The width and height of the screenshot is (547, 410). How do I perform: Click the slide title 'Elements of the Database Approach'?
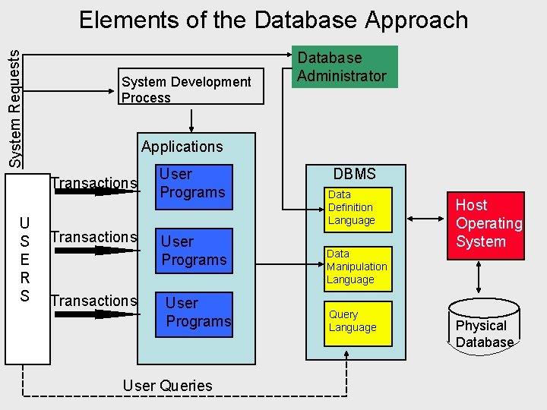point(273,20)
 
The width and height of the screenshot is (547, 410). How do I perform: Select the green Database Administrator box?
point(344,67)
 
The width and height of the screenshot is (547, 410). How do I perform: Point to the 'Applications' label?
point(182,147)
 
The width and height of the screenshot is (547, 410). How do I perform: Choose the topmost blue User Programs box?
point(192,184)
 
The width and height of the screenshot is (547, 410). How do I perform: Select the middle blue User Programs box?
point(194,251)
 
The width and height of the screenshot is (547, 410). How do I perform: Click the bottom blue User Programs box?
point(198,312)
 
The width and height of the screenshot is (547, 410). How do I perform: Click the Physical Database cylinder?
point(485,325)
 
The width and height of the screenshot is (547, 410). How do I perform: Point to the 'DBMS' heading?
point(355,174)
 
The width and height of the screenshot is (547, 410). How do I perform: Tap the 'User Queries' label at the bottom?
point(167,386)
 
